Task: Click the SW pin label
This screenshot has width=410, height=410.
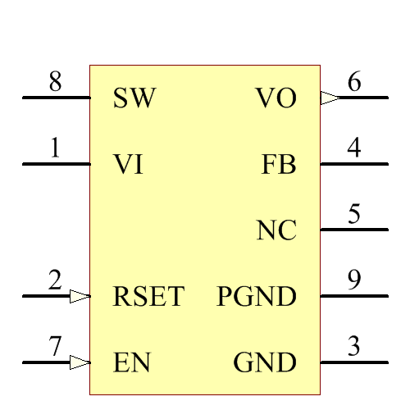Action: pos(134,98)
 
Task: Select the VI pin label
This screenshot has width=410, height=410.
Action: pos(129,165)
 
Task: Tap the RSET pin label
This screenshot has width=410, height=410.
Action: pos(148,296)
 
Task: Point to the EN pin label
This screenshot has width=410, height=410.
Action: pos(131,362)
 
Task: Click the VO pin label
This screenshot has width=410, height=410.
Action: pos(276,98)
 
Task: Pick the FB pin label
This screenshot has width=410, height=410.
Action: pos(279,165)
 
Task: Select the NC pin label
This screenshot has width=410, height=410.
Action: pos(276,231)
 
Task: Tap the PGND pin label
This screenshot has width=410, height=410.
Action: pos(257,296)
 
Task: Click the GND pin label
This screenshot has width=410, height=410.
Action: pos(265,362)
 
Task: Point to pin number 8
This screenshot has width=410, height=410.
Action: pos(55,83)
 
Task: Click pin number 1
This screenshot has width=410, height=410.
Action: pos(55,148)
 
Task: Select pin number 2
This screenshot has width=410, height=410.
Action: pos(55,280)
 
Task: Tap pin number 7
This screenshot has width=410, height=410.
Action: pos(55,347)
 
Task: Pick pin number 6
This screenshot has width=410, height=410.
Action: pos(354,82)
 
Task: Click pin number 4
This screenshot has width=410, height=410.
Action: pos(354,148)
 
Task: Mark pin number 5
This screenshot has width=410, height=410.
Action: pos(354,215)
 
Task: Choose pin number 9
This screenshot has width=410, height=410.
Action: pos(354,280)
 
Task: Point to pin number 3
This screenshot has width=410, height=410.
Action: pos(354,347)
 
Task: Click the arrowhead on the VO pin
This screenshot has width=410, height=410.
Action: pos(329,98)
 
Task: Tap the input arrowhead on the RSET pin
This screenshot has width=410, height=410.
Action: pos(80,296)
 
